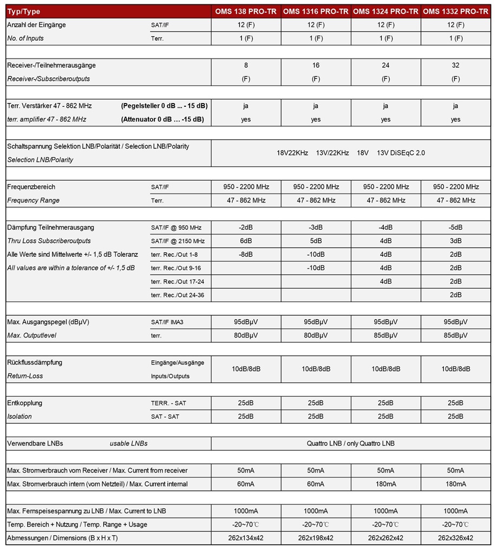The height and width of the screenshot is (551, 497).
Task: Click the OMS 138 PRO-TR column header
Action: coord(246,11)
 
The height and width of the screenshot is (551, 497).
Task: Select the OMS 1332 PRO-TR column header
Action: coord(455,11)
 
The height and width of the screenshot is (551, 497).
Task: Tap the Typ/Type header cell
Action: coord(24,11)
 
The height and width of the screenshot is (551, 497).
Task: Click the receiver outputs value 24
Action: coord(385,65)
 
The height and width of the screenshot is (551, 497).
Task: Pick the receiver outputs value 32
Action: coord(455,65)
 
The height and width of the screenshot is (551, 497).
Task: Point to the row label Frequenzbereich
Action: coord(31,187)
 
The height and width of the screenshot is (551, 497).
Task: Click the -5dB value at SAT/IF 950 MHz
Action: coord(455,228)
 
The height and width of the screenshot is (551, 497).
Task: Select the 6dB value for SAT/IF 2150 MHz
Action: coord(246,241)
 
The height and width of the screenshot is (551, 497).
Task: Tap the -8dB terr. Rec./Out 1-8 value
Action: coord(246,254)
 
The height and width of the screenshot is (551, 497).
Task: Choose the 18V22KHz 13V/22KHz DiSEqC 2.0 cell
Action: coord(350,153)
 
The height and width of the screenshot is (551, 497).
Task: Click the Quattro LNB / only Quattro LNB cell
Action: coord(350,443)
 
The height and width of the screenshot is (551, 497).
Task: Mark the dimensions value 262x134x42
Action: coord(246,538)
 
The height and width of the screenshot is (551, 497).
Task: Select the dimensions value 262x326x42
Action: coord(455,538)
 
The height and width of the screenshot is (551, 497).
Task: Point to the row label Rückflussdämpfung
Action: coord(35,362)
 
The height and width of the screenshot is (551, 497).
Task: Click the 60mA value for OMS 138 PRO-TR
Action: coord(246,484)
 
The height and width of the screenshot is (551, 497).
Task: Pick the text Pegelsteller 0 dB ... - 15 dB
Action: coord(164,106)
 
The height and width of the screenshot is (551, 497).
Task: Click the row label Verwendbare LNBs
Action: coord(35,443)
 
